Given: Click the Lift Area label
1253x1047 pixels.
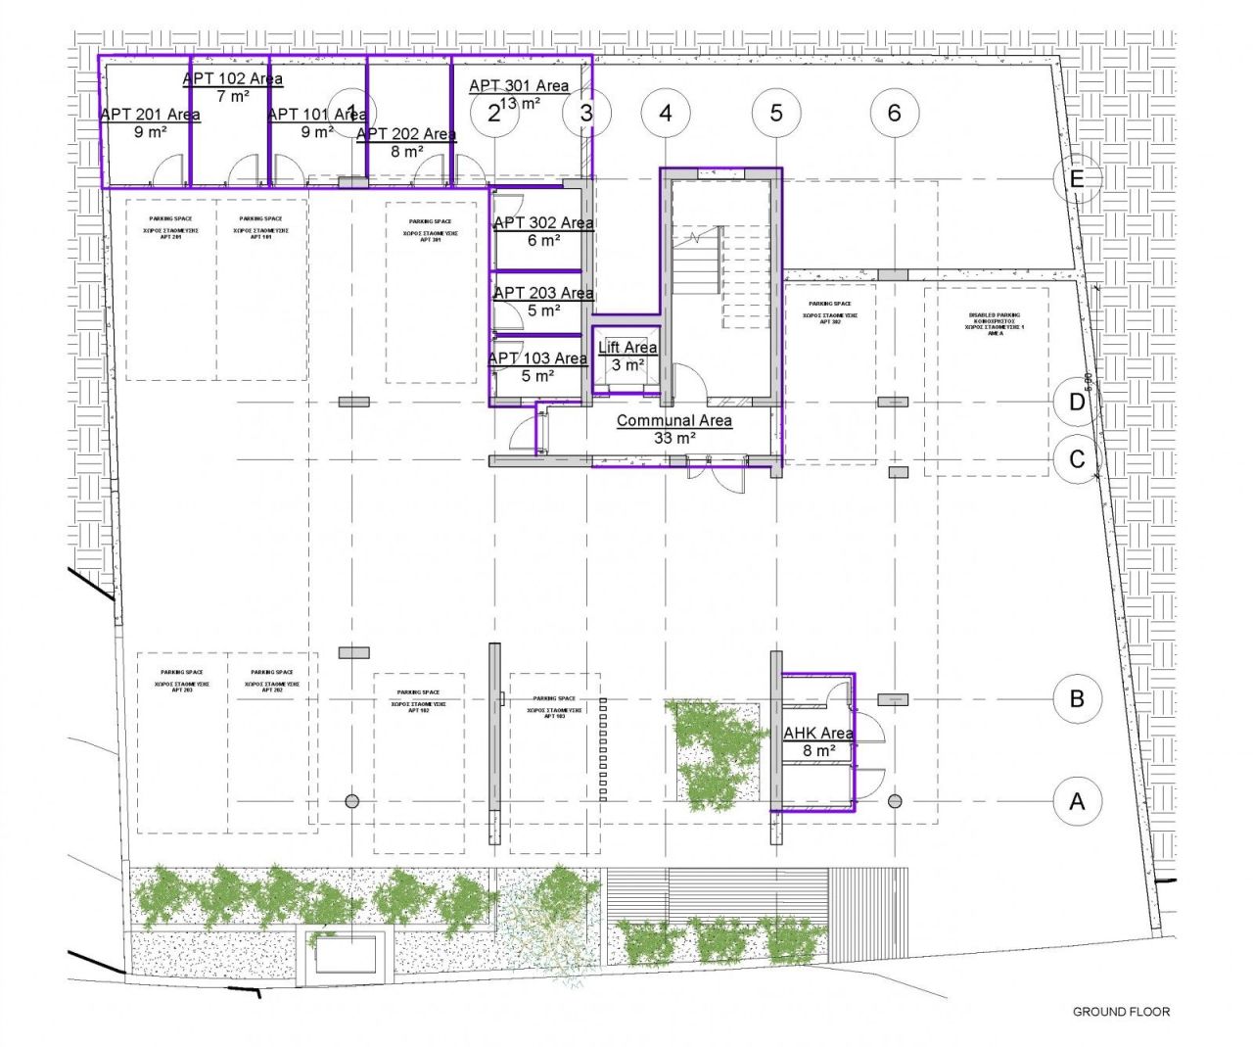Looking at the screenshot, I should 627,348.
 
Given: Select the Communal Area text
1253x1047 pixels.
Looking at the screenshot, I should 673,420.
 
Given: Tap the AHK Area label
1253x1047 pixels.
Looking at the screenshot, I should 818,733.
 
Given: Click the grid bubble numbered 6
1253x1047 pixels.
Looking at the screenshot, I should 894,113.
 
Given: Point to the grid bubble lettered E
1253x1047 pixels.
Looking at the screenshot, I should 1077,179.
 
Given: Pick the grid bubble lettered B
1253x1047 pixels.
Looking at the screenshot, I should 1077,699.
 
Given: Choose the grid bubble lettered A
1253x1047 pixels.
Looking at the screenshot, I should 1077,801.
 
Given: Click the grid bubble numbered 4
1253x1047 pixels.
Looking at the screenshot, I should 666,113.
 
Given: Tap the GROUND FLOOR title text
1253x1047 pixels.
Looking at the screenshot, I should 1121,1012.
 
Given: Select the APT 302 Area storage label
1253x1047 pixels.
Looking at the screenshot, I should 543,223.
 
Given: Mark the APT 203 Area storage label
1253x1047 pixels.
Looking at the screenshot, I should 543,293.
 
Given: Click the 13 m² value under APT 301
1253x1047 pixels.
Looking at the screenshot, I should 520,104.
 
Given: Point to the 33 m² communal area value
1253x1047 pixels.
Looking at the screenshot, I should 674,438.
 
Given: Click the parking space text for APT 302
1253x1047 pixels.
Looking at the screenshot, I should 829,312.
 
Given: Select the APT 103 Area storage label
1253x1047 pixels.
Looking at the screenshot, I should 537,358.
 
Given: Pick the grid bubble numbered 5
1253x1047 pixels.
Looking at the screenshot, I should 776,113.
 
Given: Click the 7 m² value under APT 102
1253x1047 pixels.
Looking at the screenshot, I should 233,96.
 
